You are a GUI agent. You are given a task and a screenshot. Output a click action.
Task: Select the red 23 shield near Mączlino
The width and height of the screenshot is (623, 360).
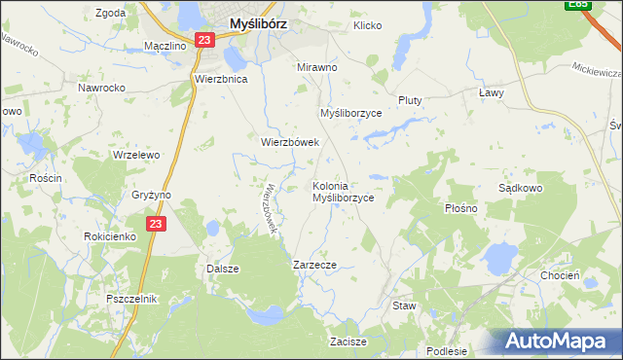pyautogui.click(x=202, y=40)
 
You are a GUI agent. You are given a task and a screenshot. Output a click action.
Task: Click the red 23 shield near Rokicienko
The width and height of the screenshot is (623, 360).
pyautogui.click(x=157, y=224)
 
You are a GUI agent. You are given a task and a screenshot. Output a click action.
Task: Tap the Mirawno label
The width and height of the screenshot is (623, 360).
pyautogui.click(x=316, y=68)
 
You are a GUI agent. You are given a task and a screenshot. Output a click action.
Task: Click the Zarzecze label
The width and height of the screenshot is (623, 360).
pyautogui.click(x=314, y=265)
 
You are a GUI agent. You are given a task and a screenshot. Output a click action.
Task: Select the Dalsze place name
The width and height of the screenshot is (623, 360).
pyautogui.click(x=223, y=269)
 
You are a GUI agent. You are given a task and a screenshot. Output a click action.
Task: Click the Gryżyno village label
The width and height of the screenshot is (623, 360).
pyautogui.click(x=151, y=195)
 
